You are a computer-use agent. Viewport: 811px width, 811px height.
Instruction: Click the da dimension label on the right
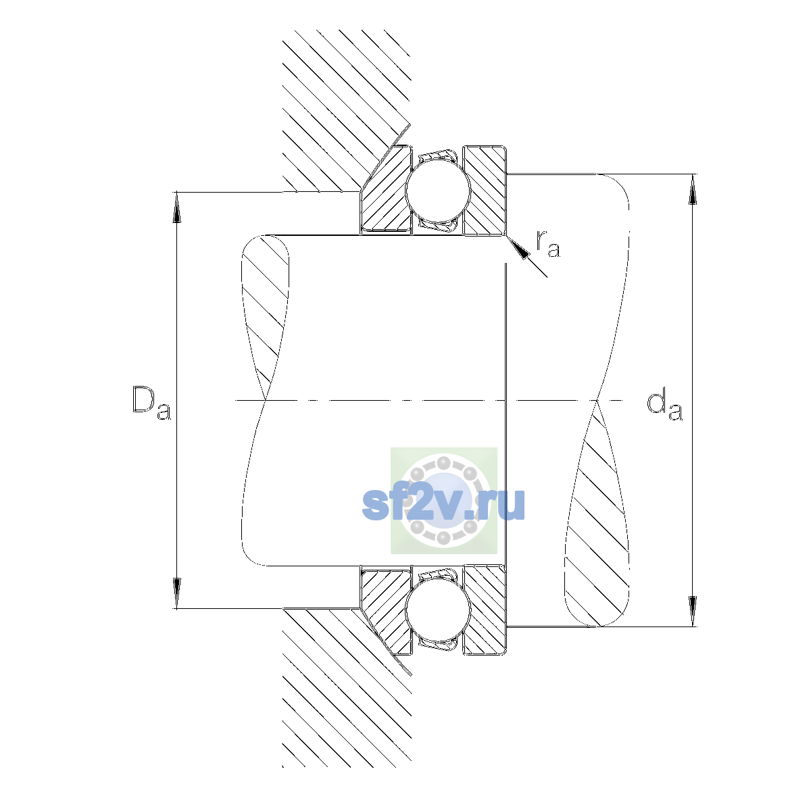[x=664, y=406]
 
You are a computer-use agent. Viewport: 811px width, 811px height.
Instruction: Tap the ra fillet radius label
[x=548, y=244]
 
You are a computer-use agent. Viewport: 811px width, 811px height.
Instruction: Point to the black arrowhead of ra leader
[x=518, y=249]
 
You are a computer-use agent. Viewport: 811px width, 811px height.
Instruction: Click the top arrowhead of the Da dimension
[x=177, y=207]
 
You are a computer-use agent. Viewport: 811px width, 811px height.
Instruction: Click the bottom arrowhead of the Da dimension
[x=177, y=593]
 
